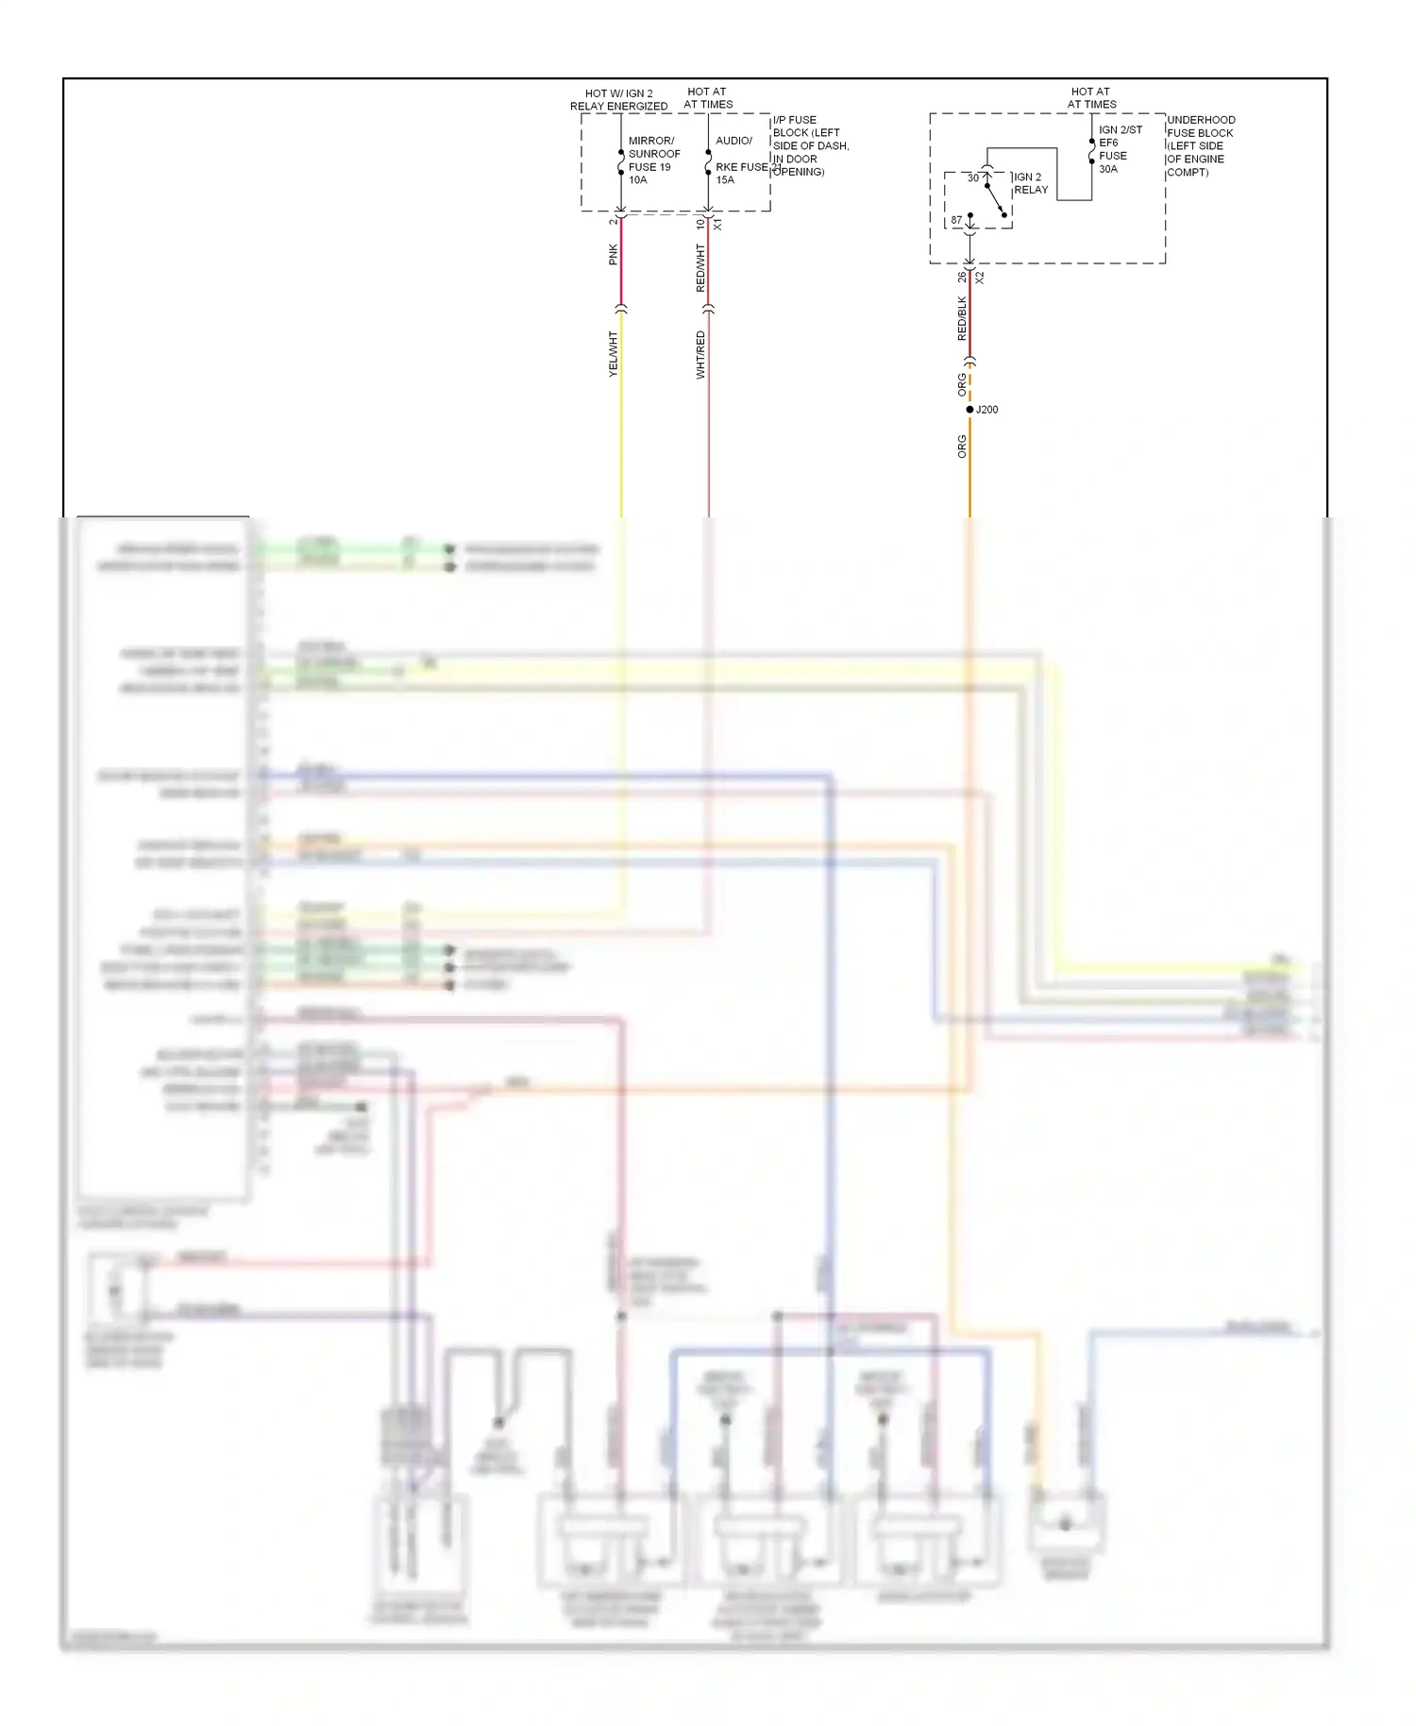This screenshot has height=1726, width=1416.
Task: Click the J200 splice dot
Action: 969,409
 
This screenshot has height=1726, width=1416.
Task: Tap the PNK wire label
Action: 613,254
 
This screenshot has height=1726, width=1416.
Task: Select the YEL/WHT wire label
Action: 613,354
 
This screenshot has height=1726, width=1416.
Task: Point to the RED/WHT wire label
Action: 700,268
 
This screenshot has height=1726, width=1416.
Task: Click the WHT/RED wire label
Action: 700,355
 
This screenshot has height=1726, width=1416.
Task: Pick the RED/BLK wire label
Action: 961,318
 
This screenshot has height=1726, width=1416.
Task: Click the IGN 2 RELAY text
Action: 1030,183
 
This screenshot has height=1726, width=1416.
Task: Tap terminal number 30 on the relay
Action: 972,178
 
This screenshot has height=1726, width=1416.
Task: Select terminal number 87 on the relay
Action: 956,220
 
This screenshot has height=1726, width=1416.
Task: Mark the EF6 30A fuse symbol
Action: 1092,151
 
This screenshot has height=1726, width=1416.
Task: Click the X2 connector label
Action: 980,278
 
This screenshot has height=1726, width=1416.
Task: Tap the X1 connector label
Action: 717,225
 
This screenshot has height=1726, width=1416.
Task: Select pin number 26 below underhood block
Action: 961,277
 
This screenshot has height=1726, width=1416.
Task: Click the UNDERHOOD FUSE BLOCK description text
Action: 1200,145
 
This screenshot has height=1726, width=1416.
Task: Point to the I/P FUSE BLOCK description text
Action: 810,145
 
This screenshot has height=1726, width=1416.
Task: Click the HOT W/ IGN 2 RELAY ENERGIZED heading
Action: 618,100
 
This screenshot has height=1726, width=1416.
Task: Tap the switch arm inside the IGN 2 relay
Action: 995,199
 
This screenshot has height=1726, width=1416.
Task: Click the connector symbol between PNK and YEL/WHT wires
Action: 621,309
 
